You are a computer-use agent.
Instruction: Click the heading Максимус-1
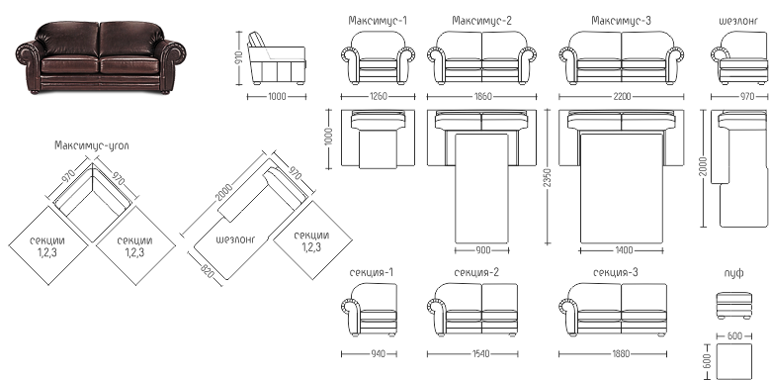(378, 21)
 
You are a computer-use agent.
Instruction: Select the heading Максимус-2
(481, 21)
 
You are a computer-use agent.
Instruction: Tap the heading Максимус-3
(621, 21)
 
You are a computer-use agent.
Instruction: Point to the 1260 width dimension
(378, 97)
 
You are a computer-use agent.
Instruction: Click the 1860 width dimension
(482, 97)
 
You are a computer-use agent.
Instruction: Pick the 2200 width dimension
(622, 97)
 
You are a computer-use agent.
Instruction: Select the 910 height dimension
(239, 58)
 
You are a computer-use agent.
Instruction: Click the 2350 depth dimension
(548, 177)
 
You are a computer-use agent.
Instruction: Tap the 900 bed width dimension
(482, 250)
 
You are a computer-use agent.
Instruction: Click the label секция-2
(476, 272)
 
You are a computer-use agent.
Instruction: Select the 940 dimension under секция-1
(378, 353)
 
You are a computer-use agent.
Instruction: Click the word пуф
(733, 273)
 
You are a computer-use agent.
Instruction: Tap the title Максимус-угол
(92, 145)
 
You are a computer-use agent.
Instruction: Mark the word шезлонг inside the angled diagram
(236, 239)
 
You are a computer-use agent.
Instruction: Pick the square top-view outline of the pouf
(734, 361)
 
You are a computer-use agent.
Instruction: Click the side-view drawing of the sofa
(277, 58)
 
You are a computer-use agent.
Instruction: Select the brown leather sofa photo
(101, 56)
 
